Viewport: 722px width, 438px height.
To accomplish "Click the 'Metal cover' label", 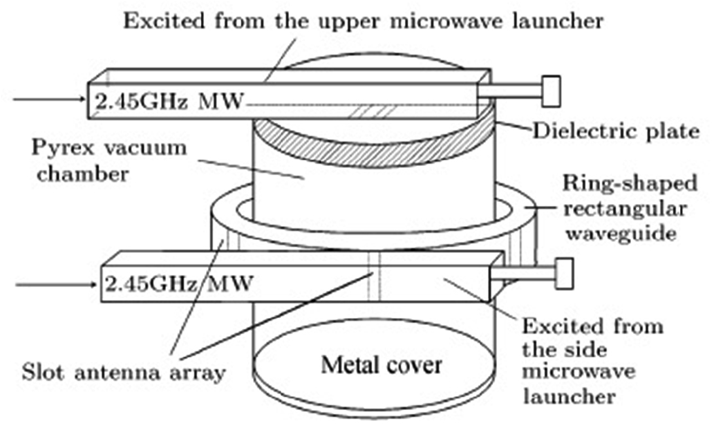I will [x=381, y=364].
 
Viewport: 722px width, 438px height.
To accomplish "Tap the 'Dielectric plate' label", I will [x=615, y=131].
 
